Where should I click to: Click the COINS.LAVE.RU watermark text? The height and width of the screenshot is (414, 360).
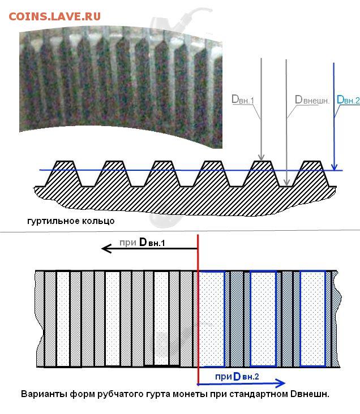[55, 16]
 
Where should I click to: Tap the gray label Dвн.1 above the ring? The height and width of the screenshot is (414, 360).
[243, 100]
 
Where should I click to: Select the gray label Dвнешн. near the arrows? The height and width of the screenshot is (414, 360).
[312, 100]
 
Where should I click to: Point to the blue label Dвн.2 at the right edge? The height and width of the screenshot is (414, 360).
[348, 100]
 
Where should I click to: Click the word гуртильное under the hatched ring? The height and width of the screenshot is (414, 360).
[53, 221]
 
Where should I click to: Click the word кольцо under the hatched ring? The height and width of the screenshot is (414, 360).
[98, 221]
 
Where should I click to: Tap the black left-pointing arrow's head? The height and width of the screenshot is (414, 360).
[106, 248]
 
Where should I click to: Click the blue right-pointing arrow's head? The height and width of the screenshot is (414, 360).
[280, 383]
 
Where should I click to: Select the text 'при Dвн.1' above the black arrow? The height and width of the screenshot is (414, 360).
[142, 242]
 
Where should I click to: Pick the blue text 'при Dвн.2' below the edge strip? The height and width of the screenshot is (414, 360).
[237, 376]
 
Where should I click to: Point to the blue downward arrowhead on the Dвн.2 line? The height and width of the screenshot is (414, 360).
[335, 167]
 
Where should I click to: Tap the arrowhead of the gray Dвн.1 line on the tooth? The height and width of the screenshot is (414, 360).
[261, 157]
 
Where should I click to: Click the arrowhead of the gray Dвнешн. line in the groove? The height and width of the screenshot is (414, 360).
[286, 182]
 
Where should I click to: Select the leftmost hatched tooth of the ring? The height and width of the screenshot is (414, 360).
[63, 174]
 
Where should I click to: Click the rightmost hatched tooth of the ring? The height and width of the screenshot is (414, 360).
[312, 174]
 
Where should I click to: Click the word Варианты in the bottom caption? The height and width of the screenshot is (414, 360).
[44, 394]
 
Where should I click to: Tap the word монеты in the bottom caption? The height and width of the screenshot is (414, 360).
[190, 394]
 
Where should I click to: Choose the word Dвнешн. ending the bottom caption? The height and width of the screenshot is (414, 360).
[310, 394]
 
